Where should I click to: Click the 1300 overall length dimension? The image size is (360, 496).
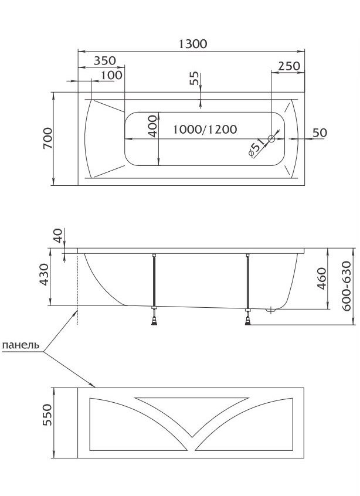tap(193, 43)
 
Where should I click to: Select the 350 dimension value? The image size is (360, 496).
tap(105, 60)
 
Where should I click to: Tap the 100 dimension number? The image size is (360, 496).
tap(111, 75)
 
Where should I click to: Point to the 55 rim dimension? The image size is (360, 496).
tap(195, 78)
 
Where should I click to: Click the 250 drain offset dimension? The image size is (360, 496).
tap(289, 66)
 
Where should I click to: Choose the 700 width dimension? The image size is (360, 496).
tap(47, 138)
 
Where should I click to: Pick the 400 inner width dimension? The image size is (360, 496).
tap(152, 126)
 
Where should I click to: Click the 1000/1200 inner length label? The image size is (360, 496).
tap(205, 129)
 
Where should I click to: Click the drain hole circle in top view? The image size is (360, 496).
tap(271, 138)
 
